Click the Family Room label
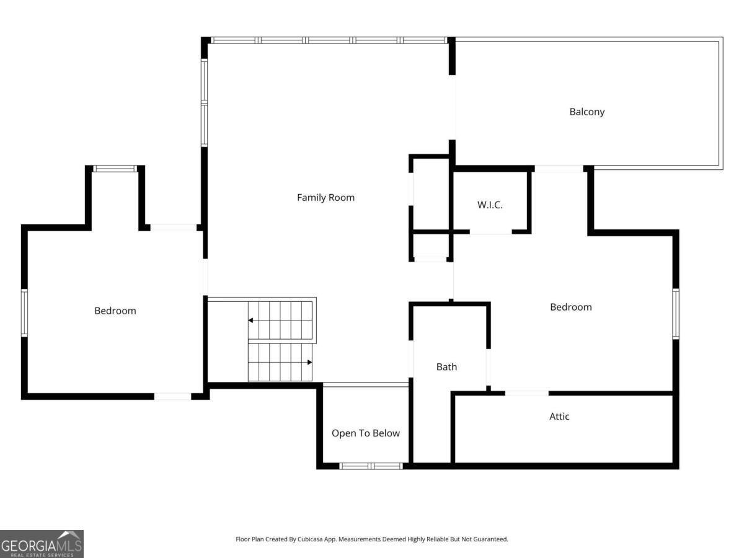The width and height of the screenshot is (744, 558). pos(325,198)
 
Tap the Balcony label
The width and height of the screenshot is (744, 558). pos(587,112)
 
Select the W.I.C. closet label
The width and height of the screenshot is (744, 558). pos(490,205)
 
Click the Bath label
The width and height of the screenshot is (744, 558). pos(446,367)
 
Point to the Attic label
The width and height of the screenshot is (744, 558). pos(559,417)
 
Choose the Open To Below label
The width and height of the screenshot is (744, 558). pos(365,433)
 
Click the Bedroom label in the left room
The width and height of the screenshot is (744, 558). pos(115,311)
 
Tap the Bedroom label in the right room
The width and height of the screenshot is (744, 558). pos(570,307)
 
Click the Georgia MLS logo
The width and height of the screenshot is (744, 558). pos(42,544)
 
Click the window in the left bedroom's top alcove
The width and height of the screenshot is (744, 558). pos(115,169)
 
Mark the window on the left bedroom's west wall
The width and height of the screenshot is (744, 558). pos(25,312)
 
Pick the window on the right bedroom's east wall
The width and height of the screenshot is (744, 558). pos(676,313)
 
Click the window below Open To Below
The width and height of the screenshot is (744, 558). pos(371,466)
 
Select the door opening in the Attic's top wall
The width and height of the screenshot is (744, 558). pos(526,393)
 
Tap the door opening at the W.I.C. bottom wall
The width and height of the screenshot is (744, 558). pos(490,232)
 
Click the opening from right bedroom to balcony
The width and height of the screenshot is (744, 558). pos(559,168)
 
